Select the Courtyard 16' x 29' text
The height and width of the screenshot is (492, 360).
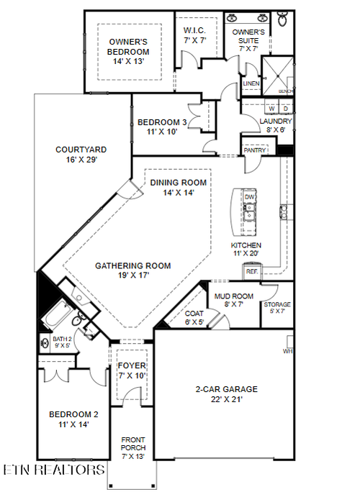tap(81, 155)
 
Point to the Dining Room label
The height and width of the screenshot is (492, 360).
tap(179, 188)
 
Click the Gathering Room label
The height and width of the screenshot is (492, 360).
tap(133, 270)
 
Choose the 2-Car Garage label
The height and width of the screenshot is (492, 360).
tap(226, 394)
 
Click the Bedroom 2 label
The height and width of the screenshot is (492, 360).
tap(73, 419)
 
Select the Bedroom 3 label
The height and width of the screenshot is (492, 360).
tap(162, 127)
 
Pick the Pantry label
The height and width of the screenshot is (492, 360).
tap(255, 151)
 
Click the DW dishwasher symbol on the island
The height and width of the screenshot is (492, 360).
tap(250, 196)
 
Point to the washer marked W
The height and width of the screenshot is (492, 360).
tap(272, 109)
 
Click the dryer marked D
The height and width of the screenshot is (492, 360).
tap(285, 109)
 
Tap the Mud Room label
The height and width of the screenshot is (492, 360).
tap(234, 300)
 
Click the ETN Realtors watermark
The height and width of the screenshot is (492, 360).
tap(53, 470)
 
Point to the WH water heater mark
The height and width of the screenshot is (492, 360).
tap(289, 352)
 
